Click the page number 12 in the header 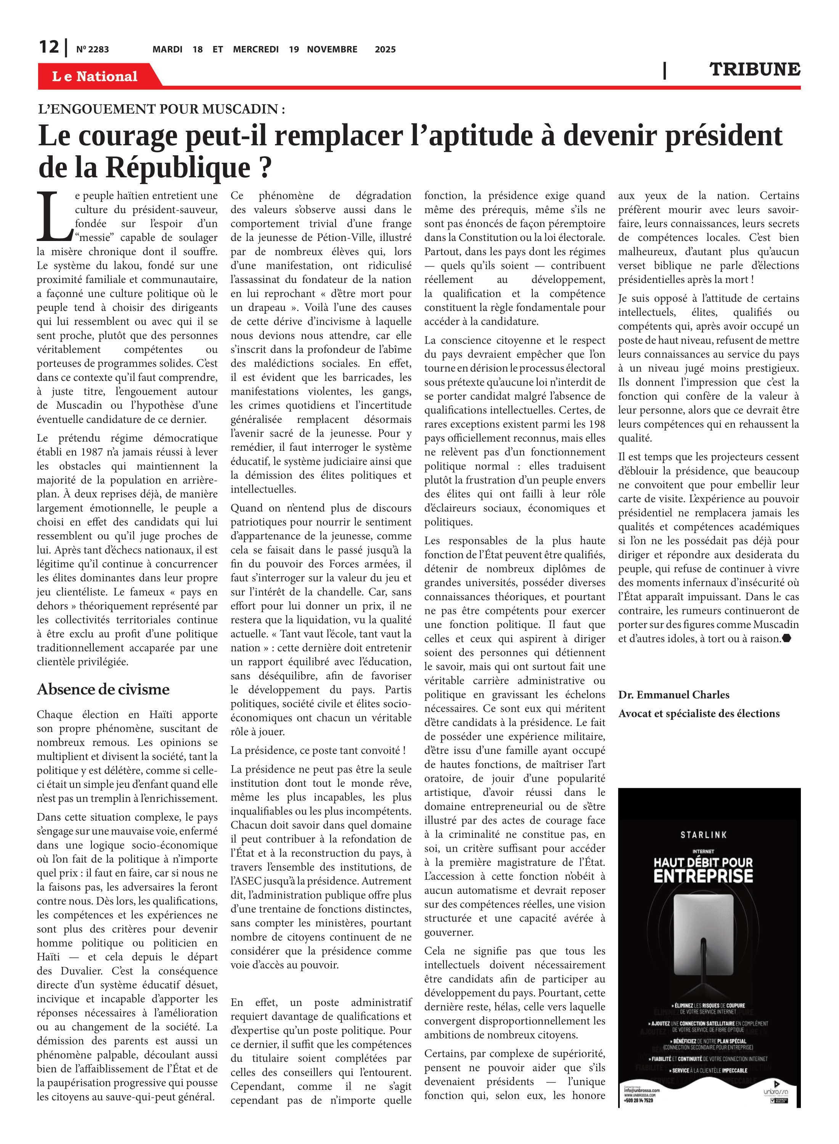49,47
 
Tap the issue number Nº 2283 92,50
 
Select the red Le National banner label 95,76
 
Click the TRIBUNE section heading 754,69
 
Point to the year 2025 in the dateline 385,50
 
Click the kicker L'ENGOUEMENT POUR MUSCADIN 161,109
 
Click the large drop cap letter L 54,217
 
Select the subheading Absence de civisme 103,689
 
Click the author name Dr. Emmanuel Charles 673,695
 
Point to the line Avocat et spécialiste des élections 698,713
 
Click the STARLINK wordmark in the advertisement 703,835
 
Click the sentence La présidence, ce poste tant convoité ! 318,750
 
